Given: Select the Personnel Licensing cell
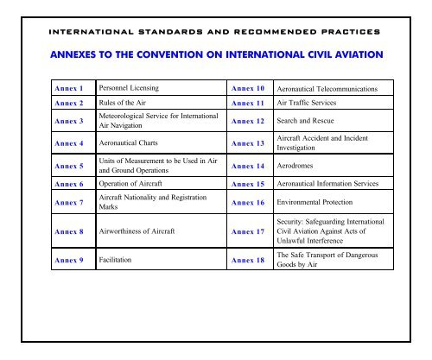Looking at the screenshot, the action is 132,87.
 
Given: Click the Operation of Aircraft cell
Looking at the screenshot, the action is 135,184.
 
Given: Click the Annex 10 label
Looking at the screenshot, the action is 246,87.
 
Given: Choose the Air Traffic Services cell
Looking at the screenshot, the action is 307,102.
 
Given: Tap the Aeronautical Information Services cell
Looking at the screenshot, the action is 334,184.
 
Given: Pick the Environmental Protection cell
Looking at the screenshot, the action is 317,203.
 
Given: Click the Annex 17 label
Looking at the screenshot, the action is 246,231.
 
